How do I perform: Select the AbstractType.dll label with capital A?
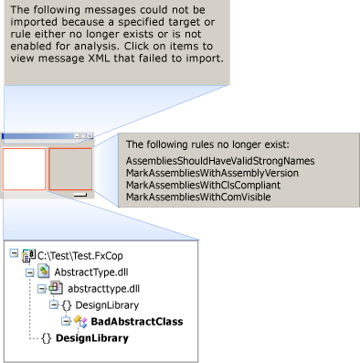click(93, 272)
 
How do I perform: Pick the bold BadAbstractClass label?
click(136, 322)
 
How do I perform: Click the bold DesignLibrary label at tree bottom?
click(91, 338)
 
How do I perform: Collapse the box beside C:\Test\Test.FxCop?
click(13, 255)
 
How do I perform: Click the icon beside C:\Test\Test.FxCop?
click(27, 255)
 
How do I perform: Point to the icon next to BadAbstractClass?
click(79, 321)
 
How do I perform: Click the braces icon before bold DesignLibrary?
click(46, 338)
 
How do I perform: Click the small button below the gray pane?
click(80, 195)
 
